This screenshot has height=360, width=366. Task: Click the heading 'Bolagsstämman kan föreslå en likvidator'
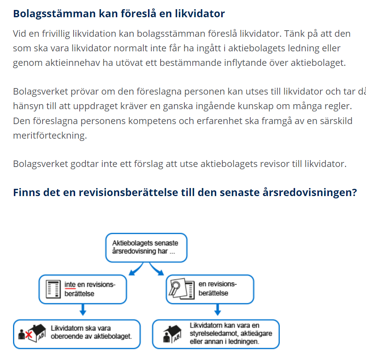pyautogui.click(x=119, y=14)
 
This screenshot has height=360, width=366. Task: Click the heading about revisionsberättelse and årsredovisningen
pyautogui.click(x=185, y=192)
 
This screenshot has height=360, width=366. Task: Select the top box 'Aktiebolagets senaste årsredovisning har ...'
pyautogui.click(x=146, y=247)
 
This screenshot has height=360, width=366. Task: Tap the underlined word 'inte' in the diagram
pyautogui.click(x=70, y=285)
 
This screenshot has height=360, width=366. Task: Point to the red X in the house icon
pyautogui.click(x=28, y=335)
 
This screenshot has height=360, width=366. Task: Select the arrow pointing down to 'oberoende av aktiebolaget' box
pyautogui.click(x=83, y=309)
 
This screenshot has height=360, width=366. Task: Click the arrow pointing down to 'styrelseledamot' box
pyautogui.click(x=217, y=309)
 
